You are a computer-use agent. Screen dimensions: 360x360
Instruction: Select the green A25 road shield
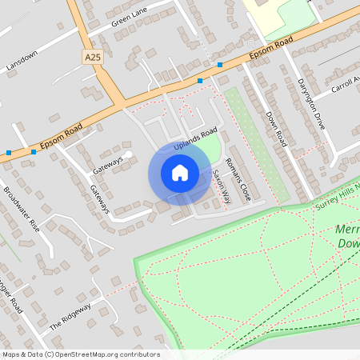93,57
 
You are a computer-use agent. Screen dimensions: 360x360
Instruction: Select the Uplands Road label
195,139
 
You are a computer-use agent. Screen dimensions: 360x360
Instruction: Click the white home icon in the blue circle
180,172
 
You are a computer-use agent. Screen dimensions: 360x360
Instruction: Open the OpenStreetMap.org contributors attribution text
80,354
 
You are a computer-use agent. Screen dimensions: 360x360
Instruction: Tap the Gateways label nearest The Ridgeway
99,200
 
